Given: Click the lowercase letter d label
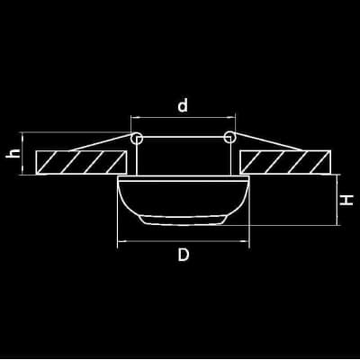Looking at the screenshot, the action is (183, 104).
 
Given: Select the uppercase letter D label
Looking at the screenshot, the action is (184, 255).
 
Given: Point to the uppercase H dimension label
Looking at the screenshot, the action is (346, 200).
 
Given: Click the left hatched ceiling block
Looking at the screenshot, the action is (81, 162).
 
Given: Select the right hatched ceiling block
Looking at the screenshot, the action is (285, 162).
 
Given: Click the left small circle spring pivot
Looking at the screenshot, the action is (137, 138).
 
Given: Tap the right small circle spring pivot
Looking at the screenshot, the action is (229, 137).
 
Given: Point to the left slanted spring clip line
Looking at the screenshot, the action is (101, 142).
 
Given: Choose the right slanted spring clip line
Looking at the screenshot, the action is (268, 141).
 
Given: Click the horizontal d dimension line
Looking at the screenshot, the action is (183, 118).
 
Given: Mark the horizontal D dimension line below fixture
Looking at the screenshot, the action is (184, 241).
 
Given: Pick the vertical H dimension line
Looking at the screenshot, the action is (337, 200).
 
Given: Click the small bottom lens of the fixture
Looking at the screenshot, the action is (183, 220).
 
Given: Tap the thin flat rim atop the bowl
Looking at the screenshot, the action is (184, 178).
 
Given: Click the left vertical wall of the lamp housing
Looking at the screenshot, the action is (137, 157).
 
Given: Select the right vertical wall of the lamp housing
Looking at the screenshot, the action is (230, 157).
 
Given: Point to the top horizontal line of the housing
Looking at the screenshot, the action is (183, 137).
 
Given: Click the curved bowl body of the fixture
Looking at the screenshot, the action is (184, 198).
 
